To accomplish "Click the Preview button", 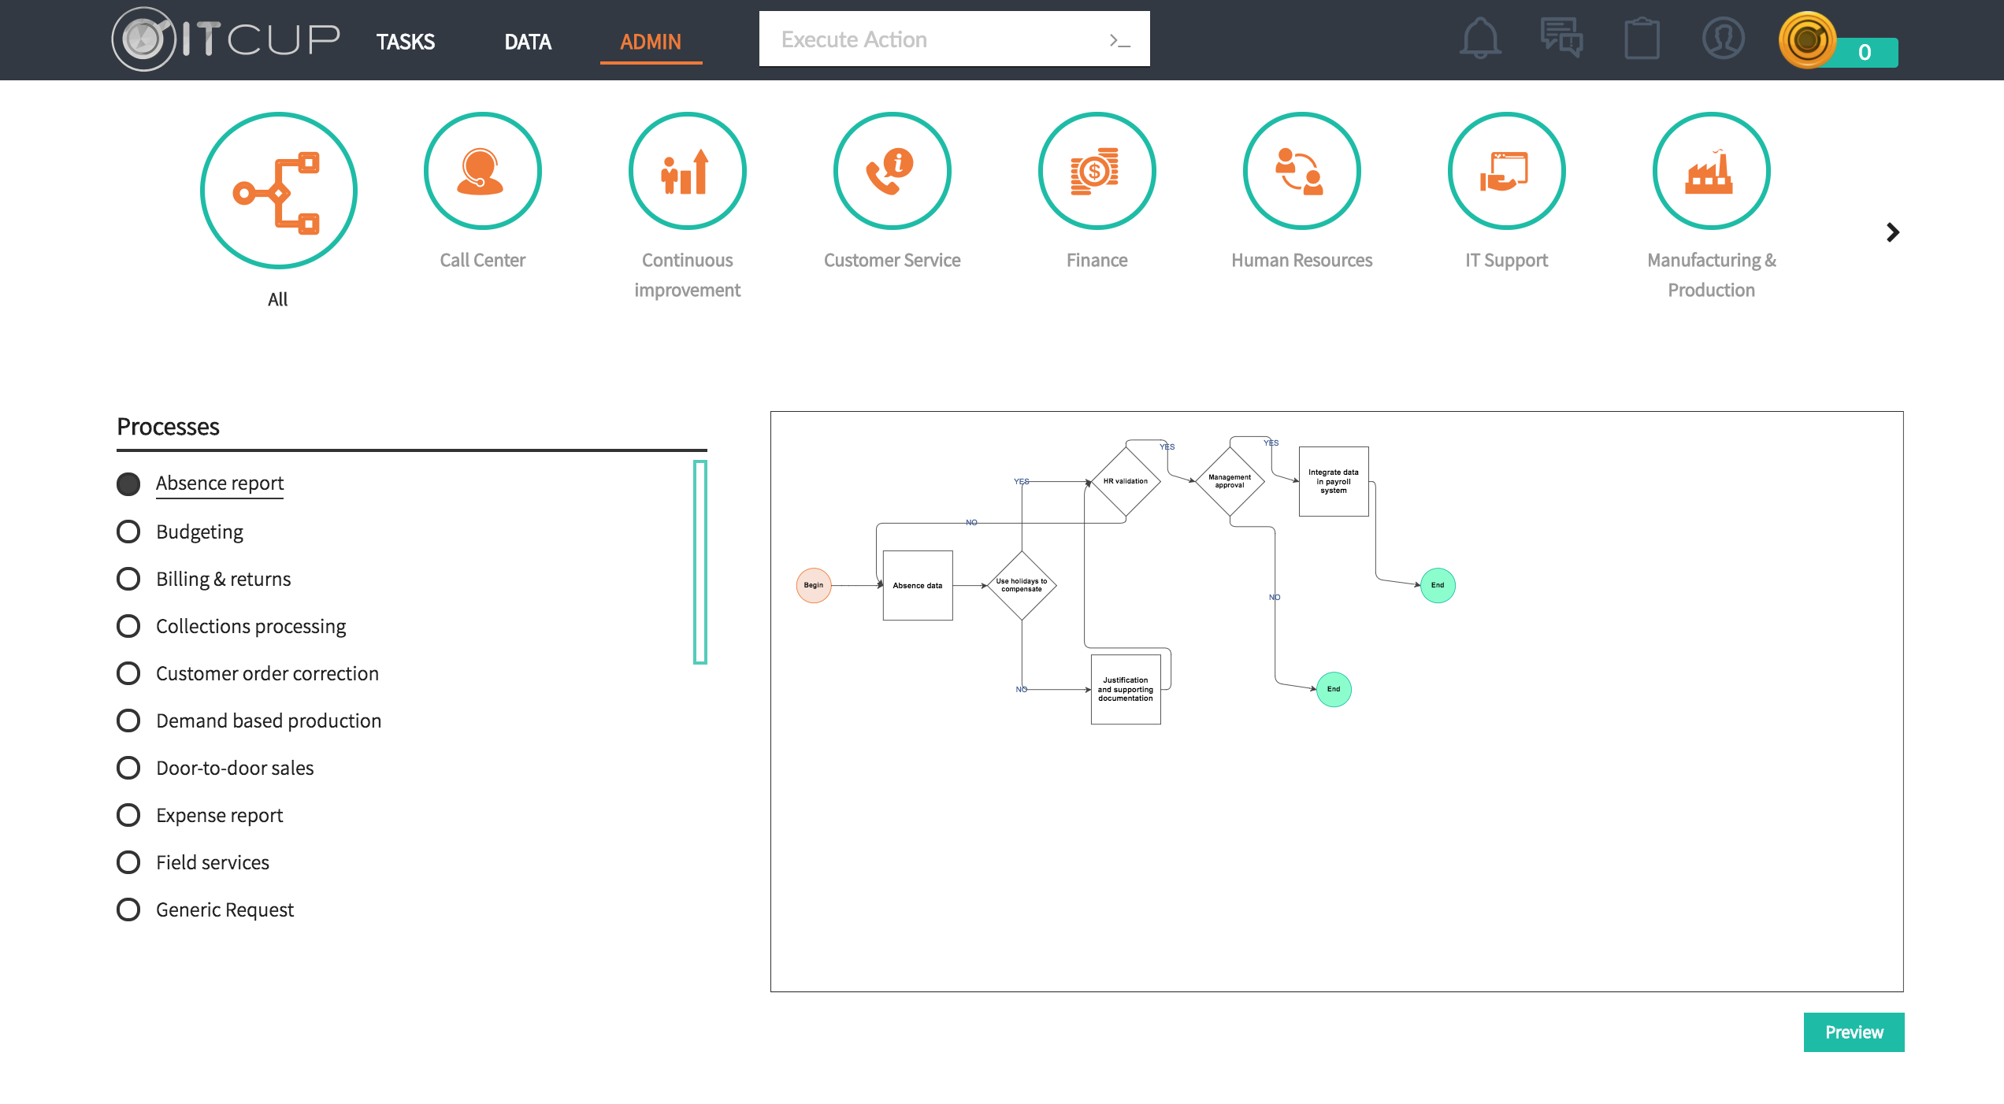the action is click(1854, 1032).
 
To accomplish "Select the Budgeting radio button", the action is click(128, 532).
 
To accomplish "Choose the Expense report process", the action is click(219, 815).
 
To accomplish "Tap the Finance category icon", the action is click(1097, 171).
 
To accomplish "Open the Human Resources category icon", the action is click(1301, 171).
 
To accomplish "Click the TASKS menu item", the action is click(405, 41).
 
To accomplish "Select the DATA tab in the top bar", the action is click(528, 41).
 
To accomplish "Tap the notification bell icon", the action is click(1480, 38).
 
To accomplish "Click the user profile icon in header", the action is click(1723, 38).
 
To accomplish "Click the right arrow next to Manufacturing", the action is click(1893, 232).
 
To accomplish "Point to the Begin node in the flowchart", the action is click(814, 585).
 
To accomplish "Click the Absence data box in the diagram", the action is click(918, 585).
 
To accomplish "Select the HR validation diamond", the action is click(1126, 481).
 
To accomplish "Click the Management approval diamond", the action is click(1230, 481).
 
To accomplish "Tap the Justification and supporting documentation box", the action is click(1126, 689).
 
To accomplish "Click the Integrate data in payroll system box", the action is click(1334, 481).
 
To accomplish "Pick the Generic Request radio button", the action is click(128, 910).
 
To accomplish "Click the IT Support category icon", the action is click(1506, 171).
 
